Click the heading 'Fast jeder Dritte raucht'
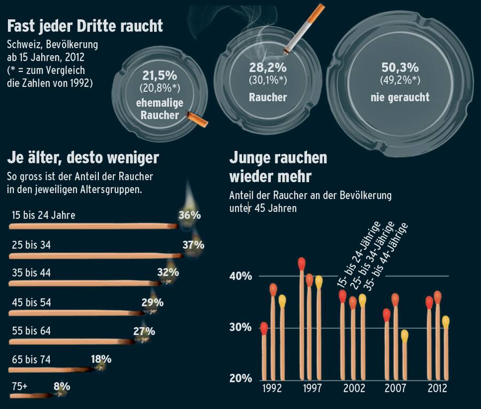pos(85,26)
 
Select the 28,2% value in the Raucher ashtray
pos(267,68)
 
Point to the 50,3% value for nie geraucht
pos(399,68)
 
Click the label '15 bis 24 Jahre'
pos(43,215)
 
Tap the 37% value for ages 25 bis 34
pos(193,245)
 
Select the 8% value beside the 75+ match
pos(61,386)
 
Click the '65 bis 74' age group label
pos(31,359)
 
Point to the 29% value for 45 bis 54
pos(152,303)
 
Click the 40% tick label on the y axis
pos(241,276)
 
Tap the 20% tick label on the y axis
pos(241,379)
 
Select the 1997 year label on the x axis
pos(312,388)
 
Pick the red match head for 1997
pos(301,263)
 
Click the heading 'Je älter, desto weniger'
pos(83,158)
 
